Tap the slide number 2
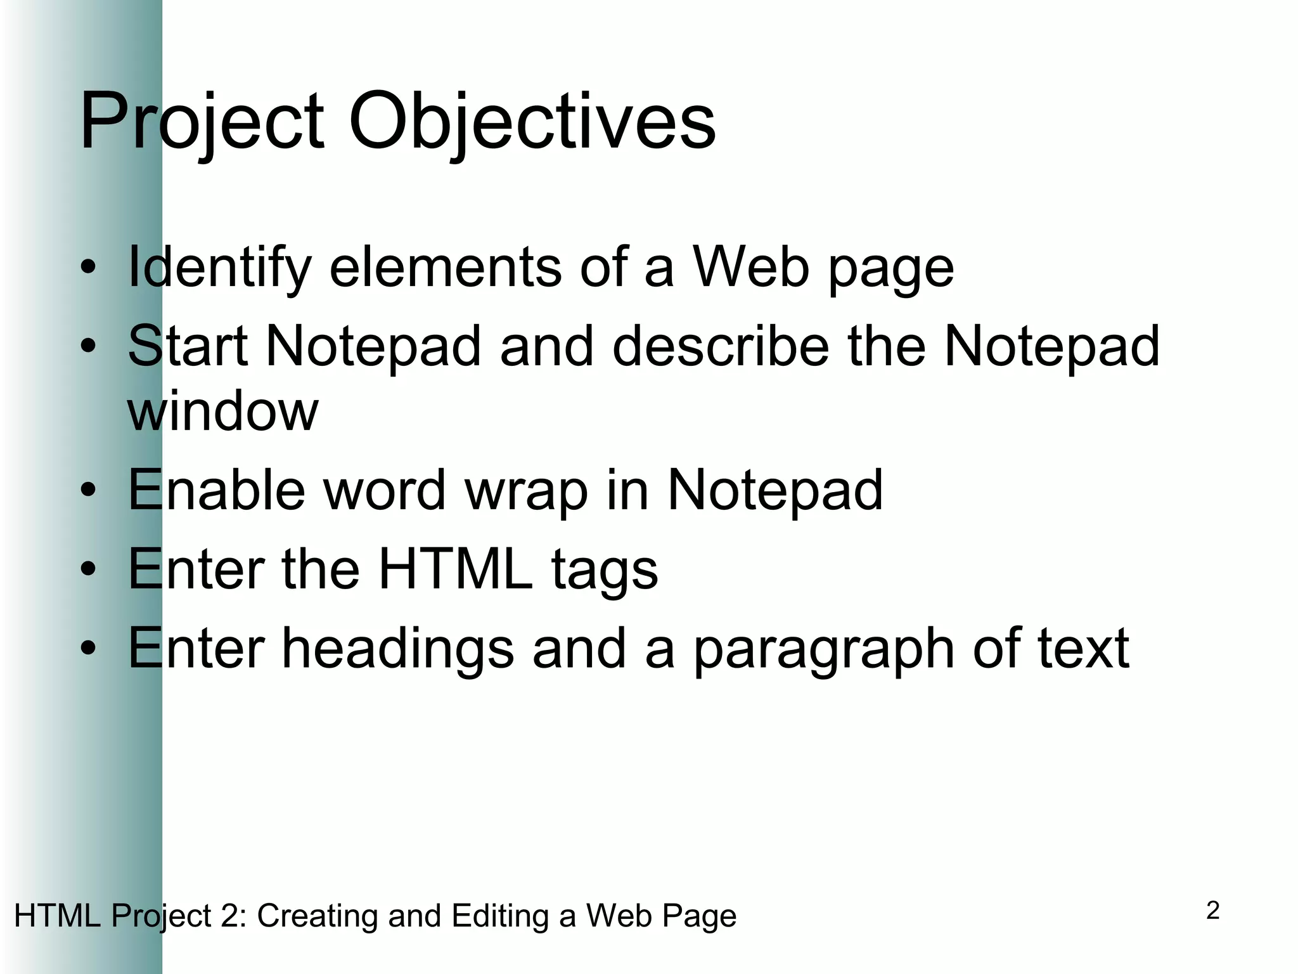[1212, 911]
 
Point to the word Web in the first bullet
[750, 266]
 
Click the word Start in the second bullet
[188, 346]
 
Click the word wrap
[527, 491]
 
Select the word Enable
[216, 490]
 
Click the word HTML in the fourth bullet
[456, 569]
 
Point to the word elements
[446, 266]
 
